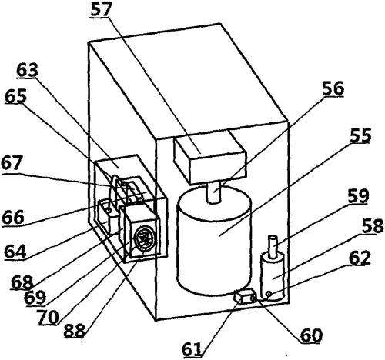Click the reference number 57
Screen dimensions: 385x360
(102, 10)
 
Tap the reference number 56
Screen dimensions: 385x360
(333, 88)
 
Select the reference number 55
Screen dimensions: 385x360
(361, 135)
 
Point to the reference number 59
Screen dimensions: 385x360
(358, 196)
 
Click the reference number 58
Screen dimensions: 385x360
(373, 226)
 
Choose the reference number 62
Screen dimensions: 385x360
(360, 258)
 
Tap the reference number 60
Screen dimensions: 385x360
(311, 335)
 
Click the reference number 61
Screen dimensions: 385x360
(192, 349)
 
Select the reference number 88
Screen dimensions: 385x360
(74, 330)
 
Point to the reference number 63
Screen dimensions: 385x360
(27, 70)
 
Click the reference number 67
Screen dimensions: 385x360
(11, 162)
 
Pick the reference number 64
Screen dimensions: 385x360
(15, 252)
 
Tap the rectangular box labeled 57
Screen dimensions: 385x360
(210, 156)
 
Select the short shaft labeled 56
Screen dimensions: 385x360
(214, 192)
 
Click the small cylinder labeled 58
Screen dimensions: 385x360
(273, 276)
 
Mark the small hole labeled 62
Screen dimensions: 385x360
(269, 294)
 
